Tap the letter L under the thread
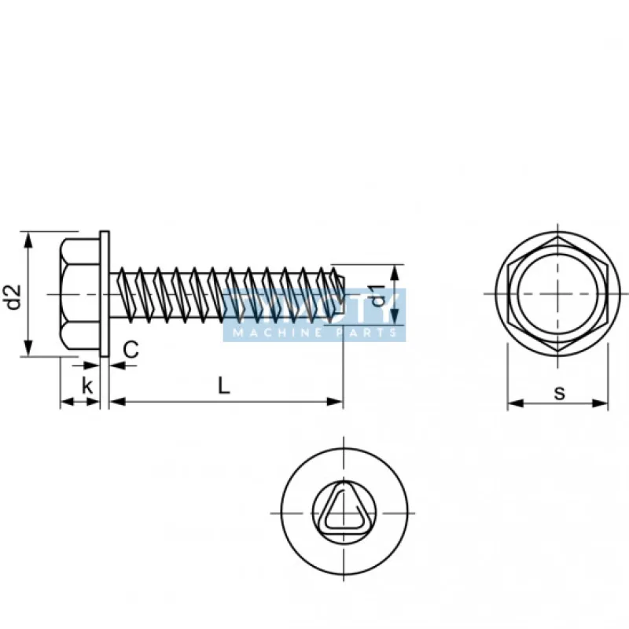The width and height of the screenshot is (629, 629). point(224,385)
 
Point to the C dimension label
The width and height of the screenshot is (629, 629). point(131,350)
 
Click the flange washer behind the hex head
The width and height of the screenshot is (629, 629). point(104,294)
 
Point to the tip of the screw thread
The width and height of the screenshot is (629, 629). point(340,294)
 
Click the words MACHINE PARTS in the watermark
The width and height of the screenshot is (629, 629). point(314,333)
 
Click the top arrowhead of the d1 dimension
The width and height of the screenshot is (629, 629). point(396,270)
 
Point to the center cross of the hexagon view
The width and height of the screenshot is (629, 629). point(558,294)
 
